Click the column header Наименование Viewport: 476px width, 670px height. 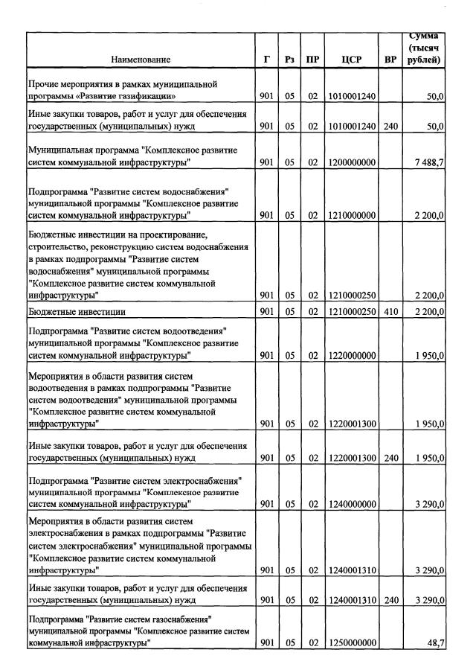pyautogui.click(x=141, y=59)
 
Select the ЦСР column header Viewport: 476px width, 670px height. pyautogui.click(x=351, y=59)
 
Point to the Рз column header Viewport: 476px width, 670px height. pyautogui.click(x=290, y=59)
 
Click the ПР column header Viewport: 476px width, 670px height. pyautogui.click(x=312, y=59)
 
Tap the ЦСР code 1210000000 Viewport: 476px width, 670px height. pyautogui.click(x=351, y=215)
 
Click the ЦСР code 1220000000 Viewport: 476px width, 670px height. pyautogui.click(x=351, y=356)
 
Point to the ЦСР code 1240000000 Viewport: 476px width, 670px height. pyautogui.click(x=351, y=504)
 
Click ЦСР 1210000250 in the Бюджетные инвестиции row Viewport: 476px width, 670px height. pyautogui.click(x=351, y=311)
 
